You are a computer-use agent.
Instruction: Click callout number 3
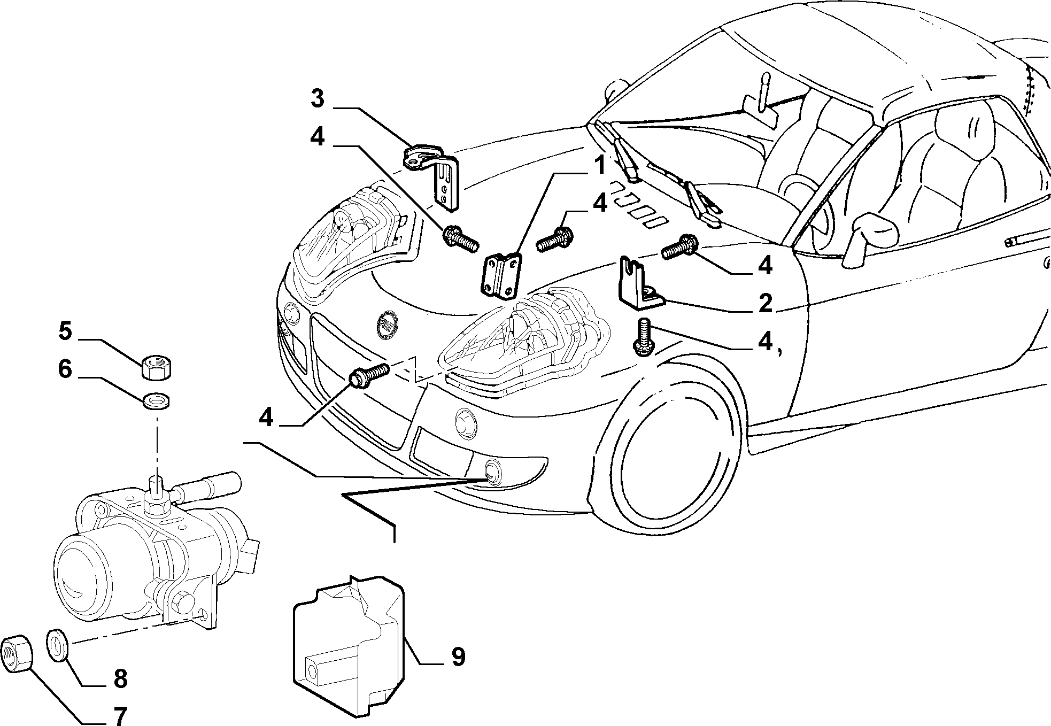point(318,98)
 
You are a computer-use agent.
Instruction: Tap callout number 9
point(458,657)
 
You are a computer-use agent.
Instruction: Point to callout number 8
point(120,679)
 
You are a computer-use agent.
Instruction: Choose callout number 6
point(65,369)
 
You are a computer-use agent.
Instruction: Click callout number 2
point(765,303)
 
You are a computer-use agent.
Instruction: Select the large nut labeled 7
point(17,653)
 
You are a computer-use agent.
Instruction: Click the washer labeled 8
point(57,645)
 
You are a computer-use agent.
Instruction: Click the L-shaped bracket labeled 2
point(642,284)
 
